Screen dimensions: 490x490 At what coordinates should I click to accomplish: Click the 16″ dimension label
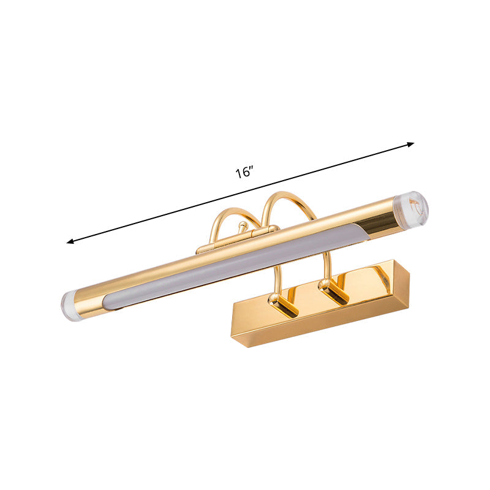click(244, 172)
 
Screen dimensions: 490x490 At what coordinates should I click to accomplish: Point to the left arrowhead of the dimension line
click(70, 242)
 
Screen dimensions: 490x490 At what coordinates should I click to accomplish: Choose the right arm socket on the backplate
click(334, 289)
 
